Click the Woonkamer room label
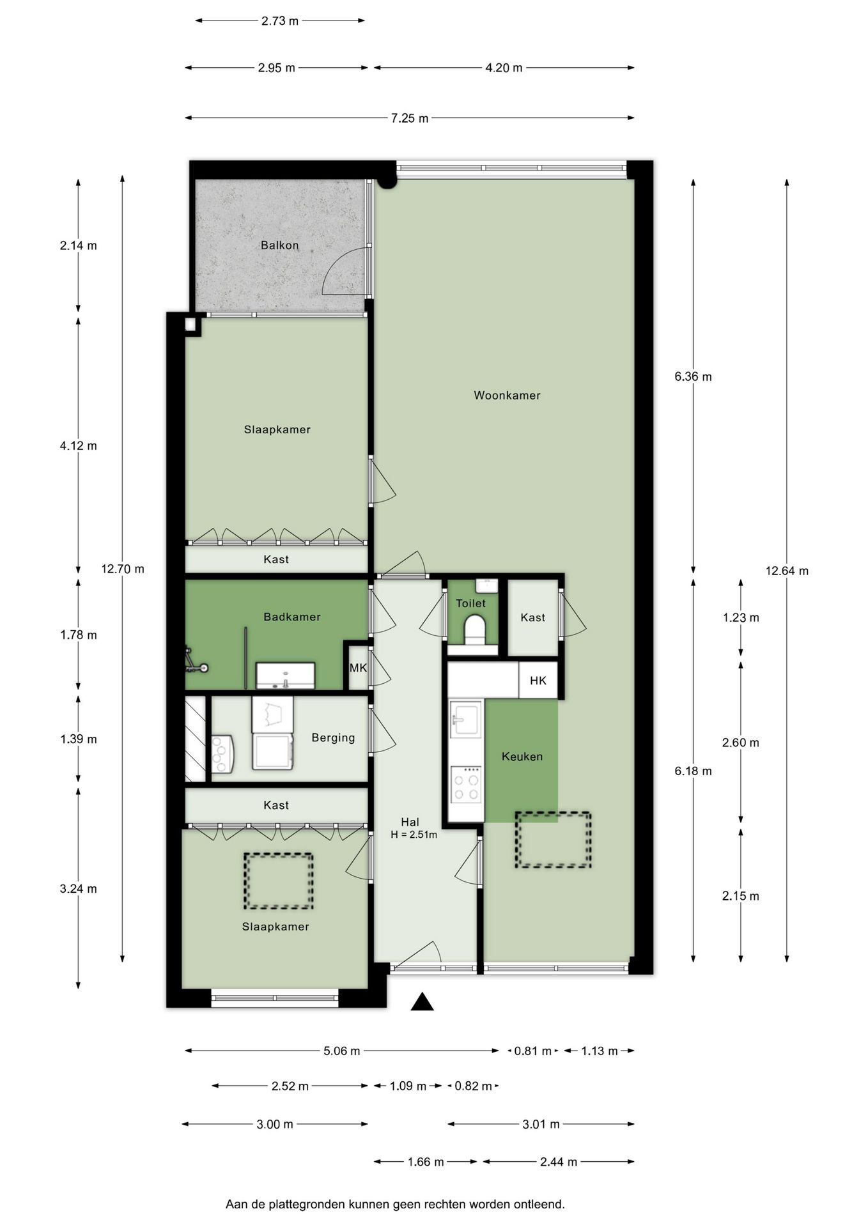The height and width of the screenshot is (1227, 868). click(507, 396)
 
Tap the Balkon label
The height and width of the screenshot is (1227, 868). click(279, 245)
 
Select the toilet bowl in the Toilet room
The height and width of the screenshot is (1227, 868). click(474, 628)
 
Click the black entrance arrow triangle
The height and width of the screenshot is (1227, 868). click(422, 1002)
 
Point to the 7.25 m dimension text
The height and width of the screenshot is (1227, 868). click(410, 118)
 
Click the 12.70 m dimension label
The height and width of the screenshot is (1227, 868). click(123, 569)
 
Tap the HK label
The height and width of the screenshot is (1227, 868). click(538, 681)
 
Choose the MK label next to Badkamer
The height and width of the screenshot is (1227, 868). click(358, 668)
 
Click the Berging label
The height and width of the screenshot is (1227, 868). click(333, 737)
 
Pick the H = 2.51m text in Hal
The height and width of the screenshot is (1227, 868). click(414, 835)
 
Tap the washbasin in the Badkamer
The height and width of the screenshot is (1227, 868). click(285, 675)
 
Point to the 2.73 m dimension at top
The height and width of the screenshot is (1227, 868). click(280, 21)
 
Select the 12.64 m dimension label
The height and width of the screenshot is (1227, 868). click(787, 571)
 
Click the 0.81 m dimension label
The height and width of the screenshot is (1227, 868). click(532, 1051)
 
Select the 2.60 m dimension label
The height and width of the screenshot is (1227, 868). click(740, 743)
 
